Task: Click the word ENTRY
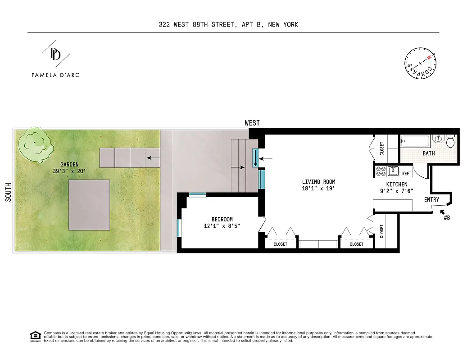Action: coord(431,199)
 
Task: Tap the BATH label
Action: coord(428,153)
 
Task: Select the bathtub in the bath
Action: coord(415,141)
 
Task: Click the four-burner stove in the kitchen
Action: coord(380,171)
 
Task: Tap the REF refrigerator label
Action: coord(405,174)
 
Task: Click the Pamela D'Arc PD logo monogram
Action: coord(55,55)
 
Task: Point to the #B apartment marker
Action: coord(447,217)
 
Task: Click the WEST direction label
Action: coord(252,123)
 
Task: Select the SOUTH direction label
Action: coord(8,191)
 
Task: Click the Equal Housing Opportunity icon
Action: coord(34,336)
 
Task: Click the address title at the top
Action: coord(228,24)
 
